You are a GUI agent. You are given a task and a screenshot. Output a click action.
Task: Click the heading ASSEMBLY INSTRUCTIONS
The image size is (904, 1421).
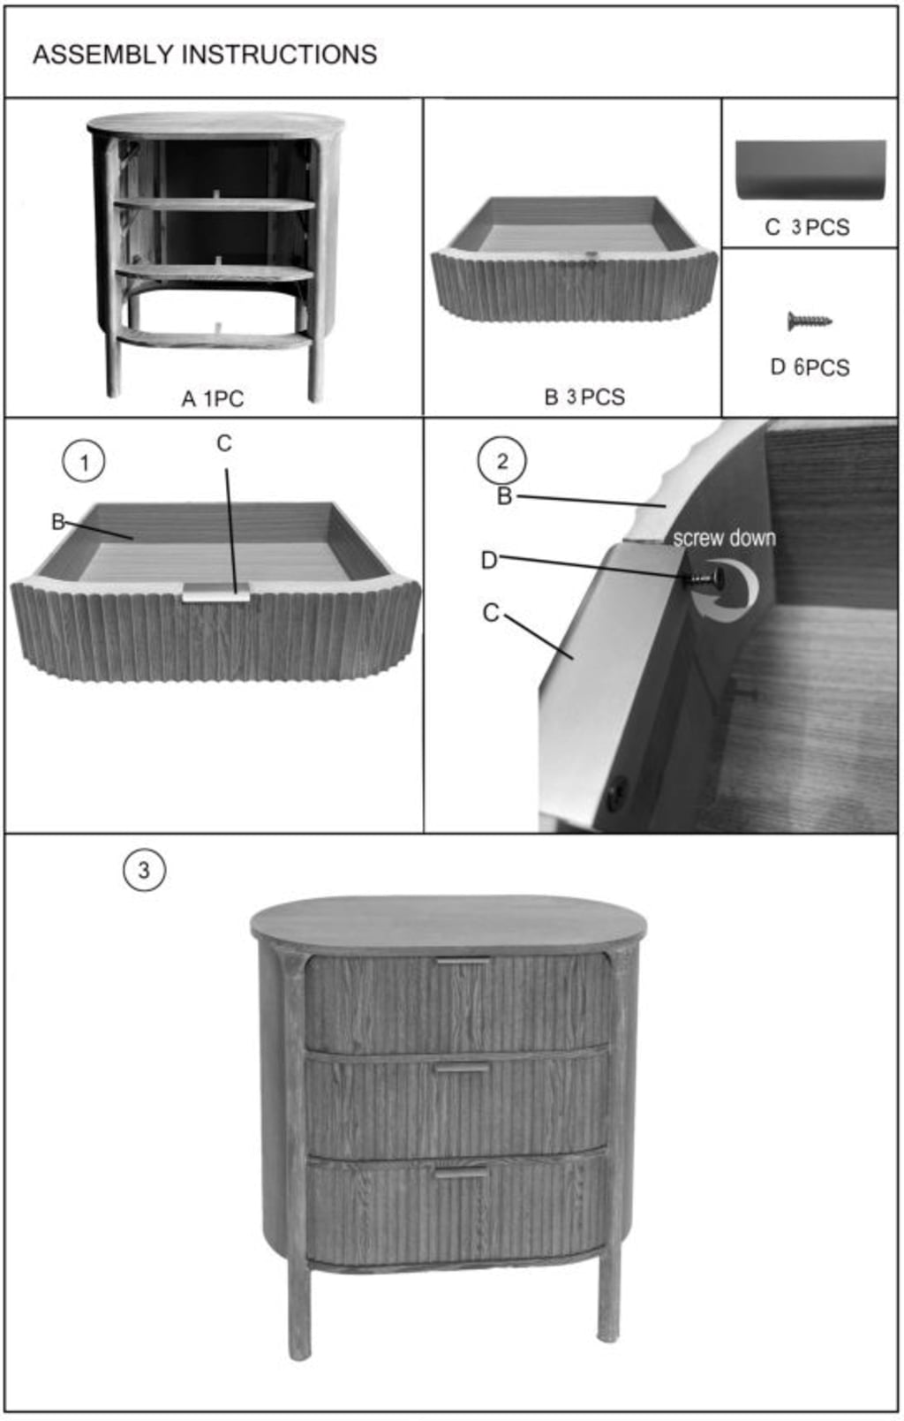coord(205,55)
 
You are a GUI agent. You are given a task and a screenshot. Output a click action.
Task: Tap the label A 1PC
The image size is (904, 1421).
coord(213,398)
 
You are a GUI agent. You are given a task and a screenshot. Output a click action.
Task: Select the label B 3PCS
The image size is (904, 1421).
coord(584,397)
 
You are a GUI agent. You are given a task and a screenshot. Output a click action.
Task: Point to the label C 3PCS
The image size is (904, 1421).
coord(807,227)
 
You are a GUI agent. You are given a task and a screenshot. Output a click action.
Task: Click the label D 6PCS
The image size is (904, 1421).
coord(810,367)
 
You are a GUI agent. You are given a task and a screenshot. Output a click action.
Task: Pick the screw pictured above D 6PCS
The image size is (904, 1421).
coord(810,321)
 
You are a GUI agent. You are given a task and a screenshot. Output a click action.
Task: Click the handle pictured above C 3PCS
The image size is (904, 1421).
coord(810,170)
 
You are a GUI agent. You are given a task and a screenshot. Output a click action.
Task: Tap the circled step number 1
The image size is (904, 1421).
coord(84,462)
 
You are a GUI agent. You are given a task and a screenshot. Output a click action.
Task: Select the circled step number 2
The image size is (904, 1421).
coord(501,461)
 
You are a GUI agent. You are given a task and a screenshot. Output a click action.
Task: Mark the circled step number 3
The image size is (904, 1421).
coord(144,870)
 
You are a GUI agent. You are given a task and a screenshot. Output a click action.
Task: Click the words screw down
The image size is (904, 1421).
coord(724,538)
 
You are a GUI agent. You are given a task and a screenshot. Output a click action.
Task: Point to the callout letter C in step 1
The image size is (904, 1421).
coord(223,443)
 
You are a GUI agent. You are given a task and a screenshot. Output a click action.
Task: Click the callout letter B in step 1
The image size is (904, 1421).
coord(57,522)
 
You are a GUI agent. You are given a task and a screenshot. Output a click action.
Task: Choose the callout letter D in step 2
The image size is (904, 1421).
coord(489,560)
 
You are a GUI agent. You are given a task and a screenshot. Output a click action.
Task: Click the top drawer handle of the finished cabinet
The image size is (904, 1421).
coord(463,962)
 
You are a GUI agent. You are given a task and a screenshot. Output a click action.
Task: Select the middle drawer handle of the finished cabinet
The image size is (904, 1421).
coord(463,1070)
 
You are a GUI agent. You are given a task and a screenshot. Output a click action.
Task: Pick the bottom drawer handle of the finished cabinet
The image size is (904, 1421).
coord(462,1174)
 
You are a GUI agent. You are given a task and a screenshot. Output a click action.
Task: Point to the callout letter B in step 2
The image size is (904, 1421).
coord(505,495)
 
